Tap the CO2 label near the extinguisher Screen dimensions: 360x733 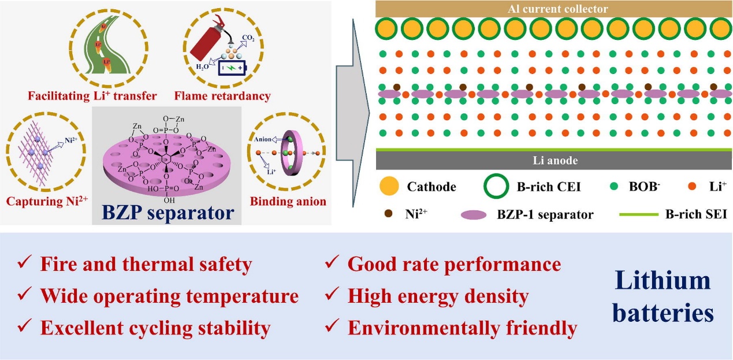click(248, 39)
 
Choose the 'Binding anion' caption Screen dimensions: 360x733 click(288, 202)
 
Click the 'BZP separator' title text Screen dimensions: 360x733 click(168, 213)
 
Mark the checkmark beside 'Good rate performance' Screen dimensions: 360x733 click(332, 263)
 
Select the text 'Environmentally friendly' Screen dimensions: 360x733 click(462, 328)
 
